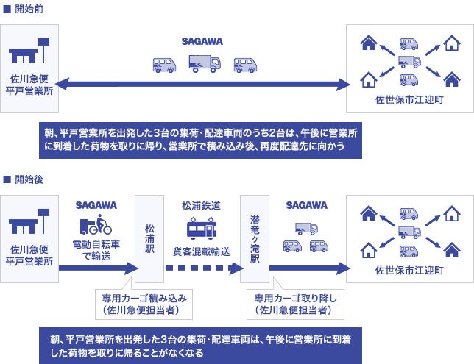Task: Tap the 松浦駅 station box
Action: click(x=149, y=239)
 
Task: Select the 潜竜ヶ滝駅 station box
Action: click(x=255, y=239)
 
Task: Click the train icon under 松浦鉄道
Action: click(x=202, y=228)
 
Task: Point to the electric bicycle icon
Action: click(x=96, y=224)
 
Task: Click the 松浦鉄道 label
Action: click(x=202, y=206)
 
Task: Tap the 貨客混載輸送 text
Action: click(x=202, y=251)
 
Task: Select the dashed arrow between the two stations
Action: click(x=205, y=268)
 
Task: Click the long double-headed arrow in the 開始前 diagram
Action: click(x=202, y=85)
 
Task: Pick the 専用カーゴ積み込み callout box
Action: click(x=144, y=304)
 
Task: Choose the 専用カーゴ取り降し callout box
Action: click(x=295, y=304)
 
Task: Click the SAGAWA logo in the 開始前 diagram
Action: click(x=202, y=41)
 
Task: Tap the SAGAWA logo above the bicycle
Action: click(x=96, y=205)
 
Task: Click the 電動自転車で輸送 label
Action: click(x=96, y=250)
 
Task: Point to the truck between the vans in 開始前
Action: click(x=205, y=64)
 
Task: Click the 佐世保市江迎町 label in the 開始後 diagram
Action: click(x=409, y=270)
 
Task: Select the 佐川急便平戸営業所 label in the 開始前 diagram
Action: click(x=29, y=85)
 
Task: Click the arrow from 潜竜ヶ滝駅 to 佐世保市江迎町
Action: click(x=310, y=268)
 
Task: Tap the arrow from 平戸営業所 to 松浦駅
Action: click(x=99, y=268)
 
